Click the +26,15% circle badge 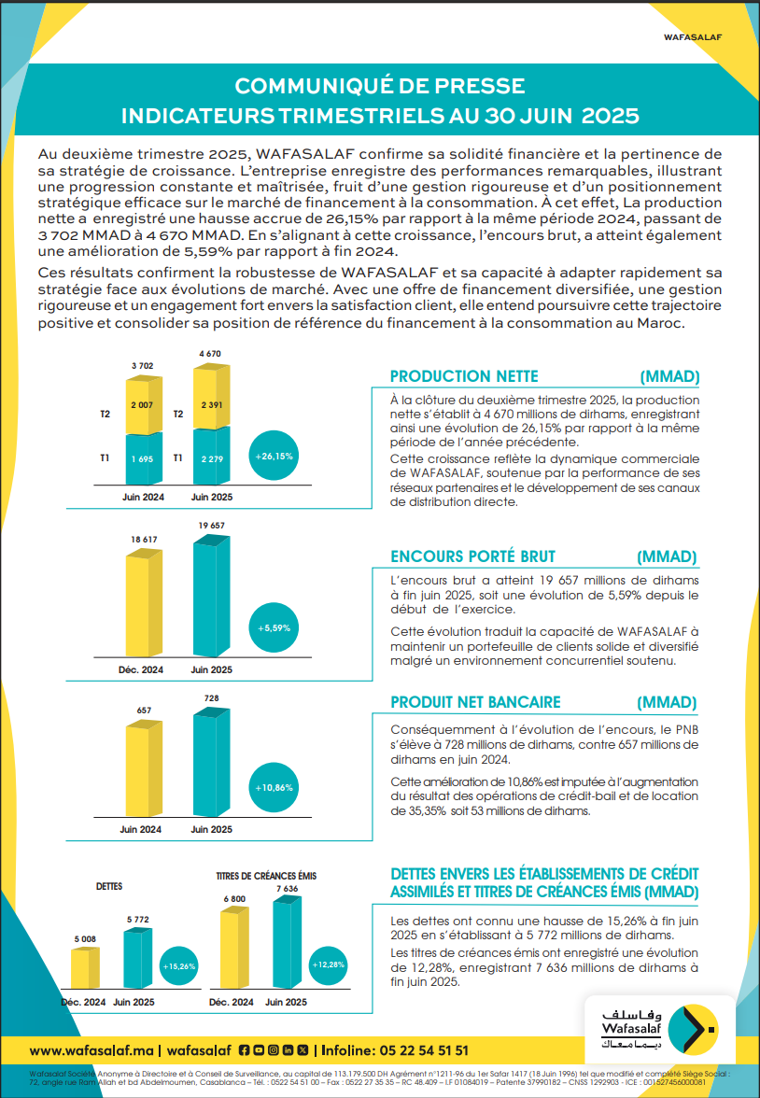[274, 457]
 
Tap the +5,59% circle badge [274, 628]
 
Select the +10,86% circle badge [274, 788]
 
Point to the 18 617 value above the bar [143, 541]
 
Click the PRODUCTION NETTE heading [464, 376]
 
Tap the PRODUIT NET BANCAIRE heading [475, 702]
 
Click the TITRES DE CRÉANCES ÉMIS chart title [266, 876]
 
